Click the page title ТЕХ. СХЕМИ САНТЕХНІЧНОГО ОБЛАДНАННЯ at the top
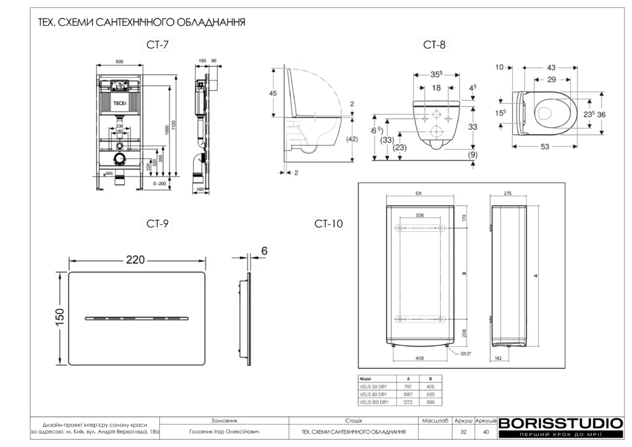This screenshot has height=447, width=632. click(143, 23)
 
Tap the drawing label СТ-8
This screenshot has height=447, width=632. click(434, 44)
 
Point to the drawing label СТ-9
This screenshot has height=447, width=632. click(157, 224)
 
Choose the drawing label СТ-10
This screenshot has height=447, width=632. click(328, 223)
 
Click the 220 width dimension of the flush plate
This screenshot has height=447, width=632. click(136, 260)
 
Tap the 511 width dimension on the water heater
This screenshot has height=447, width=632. click(418, 193)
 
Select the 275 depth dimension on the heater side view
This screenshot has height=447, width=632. click(508, 193)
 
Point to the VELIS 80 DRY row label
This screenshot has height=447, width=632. click(373, 394)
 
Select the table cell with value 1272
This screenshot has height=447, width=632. click(407, 402)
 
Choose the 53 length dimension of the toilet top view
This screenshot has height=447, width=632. click(545, 147)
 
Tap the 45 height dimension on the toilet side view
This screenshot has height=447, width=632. click(273, 93)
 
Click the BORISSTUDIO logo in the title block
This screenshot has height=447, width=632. click(560, 424)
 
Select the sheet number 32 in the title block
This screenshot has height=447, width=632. click(463, 432)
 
